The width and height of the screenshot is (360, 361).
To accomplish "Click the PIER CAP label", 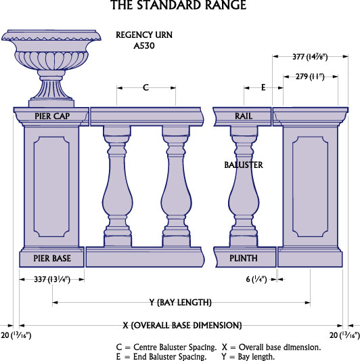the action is click(52, 116).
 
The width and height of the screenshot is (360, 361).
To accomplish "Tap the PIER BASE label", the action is click(52, 258).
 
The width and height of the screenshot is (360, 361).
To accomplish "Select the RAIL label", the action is click(244, 116).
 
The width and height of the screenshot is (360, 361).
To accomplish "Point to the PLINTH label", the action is click(244, 258).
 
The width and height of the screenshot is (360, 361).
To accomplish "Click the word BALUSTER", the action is click(244, 165).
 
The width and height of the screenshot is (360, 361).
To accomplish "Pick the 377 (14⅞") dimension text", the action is click(310, 57).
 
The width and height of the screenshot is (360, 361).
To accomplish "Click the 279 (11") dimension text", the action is click(310, 77).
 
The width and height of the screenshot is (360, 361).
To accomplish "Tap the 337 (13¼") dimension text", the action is click(52, 280).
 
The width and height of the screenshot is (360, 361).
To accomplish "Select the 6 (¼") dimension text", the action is click(256, 280).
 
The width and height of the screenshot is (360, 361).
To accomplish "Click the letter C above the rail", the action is click(146, 87).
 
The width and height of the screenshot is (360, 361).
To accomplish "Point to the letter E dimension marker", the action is click(263, 87).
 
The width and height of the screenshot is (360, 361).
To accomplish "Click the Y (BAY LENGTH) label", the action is click(181, 302).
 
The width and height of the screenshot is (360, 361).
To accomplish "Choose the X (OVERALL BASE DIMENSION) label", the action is click(182, 325).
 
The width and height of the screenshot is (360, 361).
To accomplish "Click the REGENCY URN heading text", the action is click(144, 35).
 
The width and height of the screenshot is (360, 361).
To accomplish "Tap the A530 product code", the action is click(144, 46).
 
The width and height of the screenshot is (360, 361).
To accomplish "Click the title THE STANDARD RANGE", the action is click(179, 5).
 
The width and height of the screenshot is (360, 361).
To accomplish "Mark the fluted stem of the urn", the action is click(51, 89).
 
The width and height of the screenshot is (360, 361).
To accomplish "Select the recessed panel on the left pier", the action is click(51, 187).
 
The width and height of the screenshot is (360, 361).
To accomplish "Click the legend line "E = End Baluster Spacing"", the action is click(161, 357).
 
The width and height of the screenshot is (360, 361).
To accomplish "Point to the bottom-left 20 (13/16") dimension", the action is click(16, 335).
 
